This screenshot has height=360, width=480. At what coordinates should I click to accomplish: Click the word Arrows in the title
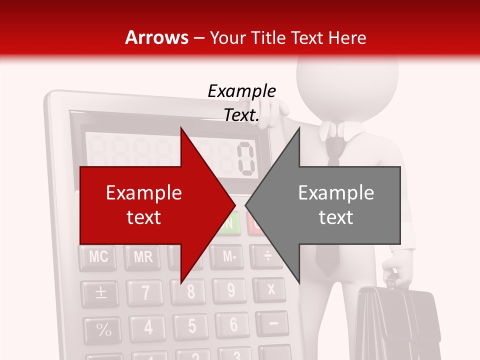point(156,37)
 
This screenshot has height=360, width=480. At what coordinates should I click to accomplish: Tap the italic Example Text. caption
point(241,103)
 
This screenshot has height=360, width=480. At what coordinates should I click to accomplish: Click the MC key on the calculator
point(98,257)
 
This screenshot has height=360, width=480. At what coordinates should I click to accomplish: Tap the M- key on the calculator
point(229,257)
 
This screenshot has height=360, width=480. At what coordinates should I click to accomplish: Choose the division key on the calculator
point(268,256)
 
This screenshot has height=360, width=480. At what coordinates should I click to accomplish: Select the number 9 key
point(230,290)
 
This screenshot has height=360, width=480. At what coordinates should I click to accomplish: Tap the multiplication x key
point(271,289)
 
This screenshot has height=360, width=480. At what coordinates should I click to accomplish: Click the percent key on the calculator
point(103,329)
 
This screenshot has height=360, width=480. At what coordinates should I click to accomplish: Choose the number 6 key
point(233,325)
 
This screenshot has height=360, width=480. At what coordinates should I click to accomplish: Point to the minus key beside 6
point(273,323)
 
